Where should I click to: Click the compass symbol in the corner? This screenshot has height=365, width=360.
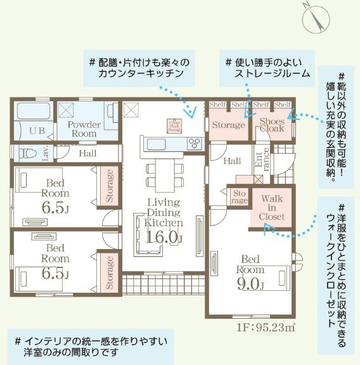click(x=316, y=18)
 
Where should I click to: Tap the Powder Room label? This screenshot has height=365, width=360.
click(x=84, y=129)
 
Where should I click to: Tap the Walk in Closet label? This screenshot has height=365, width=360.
click(x=272, y=207)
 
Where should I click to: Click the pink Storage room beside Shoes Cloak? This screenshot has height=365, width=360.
click(x=228, y=125)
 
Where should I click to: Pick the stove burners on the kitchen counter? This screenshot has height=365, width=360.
click(x=193, y=143)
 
